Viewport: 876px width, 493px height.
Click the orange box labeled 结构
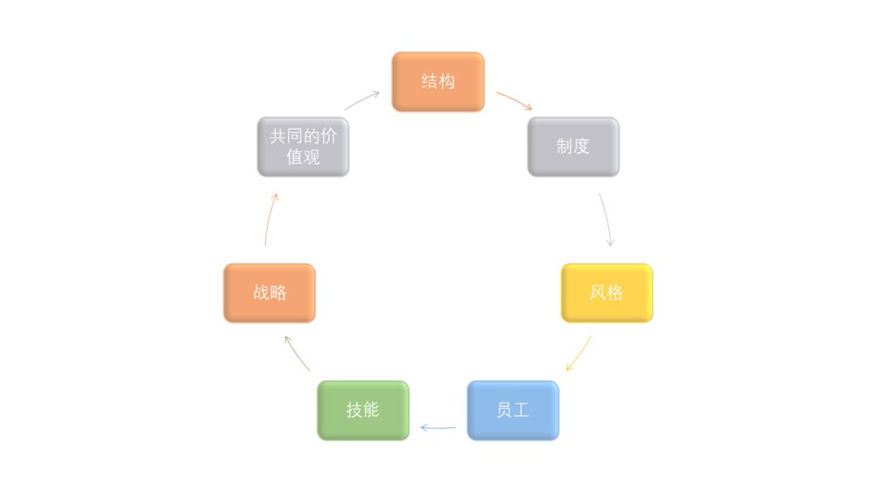point(438,82)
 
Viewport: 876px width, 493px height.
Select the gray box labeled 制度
point(573,147)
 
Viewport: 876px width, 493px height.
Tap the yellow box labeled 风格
point(607,293)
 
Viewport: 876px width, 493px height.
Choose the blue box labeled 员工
point(513,410)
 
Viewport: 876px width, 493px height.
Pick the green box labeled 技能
point(363,410)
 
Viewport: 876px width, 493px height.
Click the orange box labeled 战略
point(269,293)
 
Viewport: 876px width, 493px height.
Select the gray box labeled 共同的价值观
point(303,147)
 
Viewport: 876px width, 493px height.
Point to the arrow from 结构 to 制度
point(514,101)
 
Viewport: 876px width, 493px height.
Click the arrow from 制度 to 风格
point(606,219)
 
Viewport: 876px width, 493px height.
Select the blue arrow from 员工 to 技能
point(438,427)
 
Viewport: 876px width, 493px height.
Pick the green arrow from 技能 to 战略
point(298,354)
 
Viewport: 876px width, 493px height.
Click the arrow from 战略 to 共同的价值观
point(270,219)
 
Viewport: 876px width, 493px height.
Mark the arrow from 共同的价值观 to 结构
point(362,100)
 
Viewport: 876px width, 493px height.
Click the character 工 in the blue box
point(522,410)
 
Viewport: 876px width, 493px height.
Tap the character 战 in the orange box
point(260,293)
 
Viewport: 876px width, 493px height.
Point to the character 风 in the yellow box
point(598,293)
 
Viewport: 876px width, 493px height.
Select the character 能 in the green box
point(371,410)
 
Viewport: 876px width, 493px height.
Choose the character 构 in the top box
point(447,82)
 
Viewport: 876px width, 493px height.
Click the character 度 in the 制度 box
point(582,147)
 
